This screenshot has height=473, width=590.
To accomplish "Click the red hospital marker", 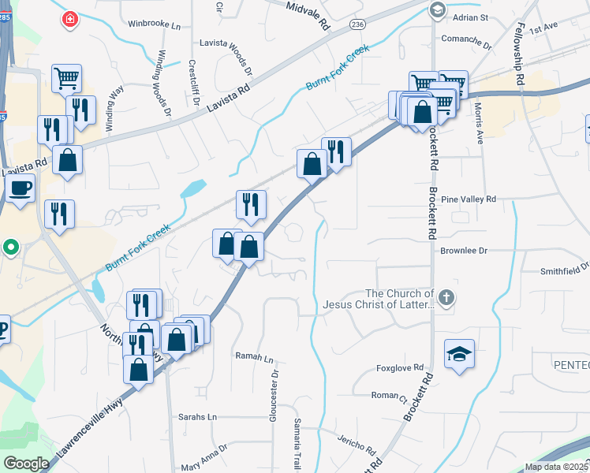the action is tap(69, 20).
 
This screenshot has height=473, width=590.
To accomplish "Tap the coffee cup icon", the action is tap(20, 188).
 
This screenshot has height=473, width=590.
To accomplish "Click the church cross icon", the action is tap(446, 297).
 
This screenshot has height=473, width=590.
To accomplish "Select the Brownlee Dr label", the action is tap(465, 250).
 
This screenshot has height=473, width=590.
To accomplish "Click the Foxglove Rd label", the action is tap(400, 367).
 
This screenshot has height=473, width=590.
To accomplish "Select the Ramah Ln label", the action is tap(254, 356).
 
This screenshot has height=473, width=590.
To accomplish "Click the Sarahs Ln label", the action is tap(197, 416).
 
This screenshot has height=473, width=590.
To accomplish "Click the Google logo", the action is tap(25, 463).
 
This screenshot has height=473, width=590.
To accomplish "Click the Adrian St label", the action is tap(472, 17).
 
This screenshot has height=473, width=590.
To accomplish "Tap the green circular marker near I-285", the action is tap(10, 248).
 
